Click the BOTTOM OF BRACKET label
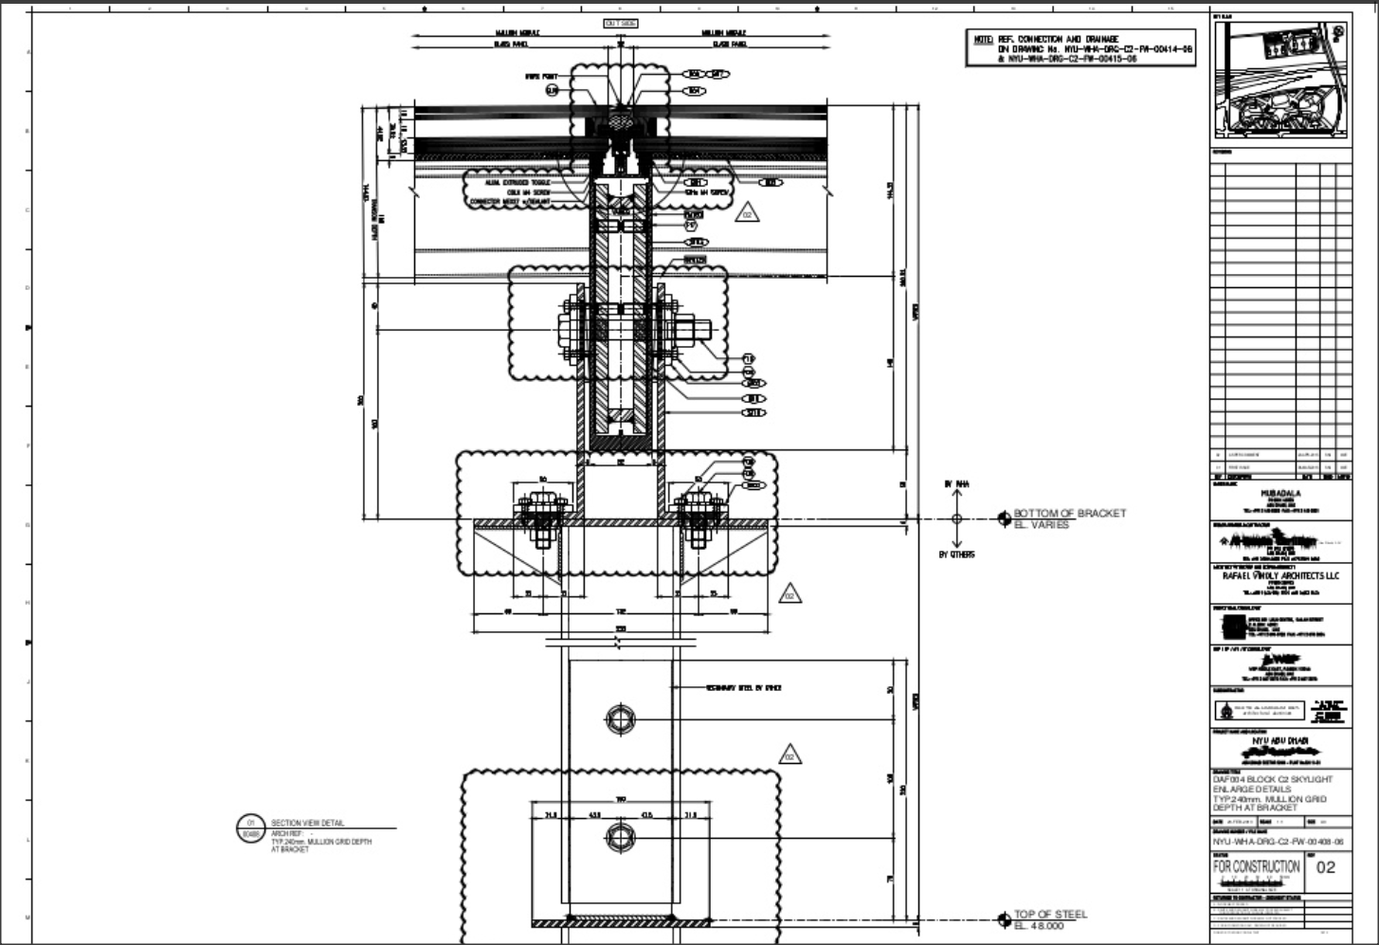click(1070, 513)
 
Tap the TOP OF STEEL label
click(1050, 914)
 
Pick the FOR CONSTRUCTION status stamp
click(1256, 866)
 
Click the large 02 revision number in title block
click(1326, 867)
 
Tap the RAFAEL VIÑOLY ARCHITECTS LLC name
click(1279, 575)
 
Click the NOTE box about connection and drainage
click(1080, 48)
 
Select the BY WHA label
click(956, 484)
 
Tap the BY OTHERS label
click(956, 554)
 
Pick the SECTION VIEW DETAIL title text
click(308, 824)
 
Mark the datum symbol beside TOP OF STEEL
click(1003, 919)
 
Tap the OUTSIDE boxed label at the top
click(621, 23)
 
